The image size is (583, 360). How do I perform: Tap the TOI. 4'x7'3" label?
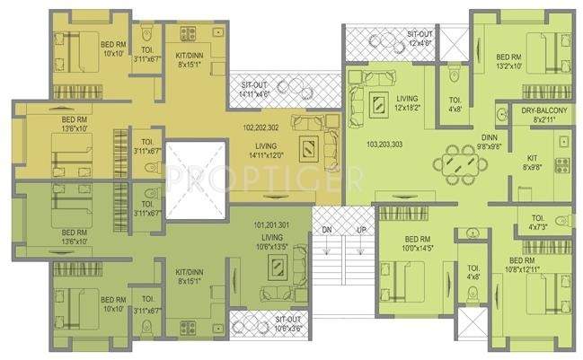point(538,221)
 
